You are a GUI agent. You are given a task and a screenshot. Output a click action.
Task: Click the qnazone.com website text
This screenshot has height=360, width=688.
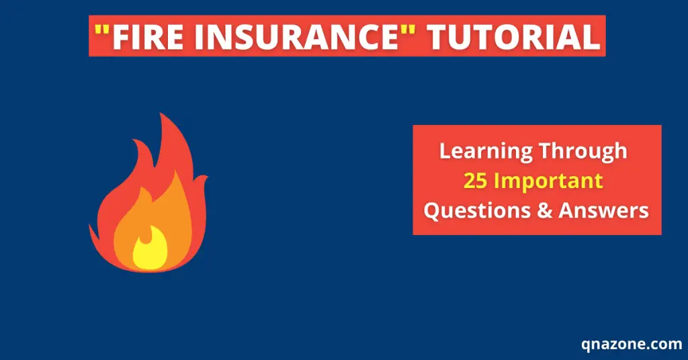[x=632, y=345]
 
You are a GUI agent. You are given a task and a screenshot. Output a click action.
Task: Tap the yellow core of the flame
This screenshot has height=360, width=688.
[x=148, y=252]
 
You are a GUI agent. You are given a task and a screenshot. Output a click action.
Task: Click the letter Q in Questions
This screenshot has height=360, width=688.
[x=432, y=211]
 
